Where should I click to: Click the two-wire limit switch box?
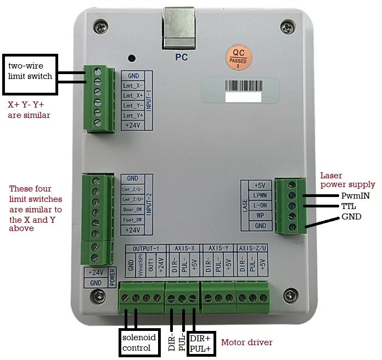(30, 71)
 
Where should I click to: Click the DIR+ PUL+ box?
(201, 344)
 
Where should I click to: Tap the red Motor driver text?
(246, 343)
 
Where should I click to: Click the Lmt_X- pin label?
(132, 86)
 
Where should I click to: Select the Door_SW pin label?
(132, 210)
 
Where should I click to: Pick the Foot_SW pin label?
(132, 220)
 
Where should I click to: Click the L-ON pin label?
(261, 205)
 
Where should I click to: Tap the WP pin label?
(261, 215)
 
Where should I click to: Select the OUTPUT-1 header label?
(144, 248)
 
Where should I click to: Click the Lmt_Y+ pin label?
(132, 116)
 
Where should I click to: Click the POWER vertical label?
(111, 277)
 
